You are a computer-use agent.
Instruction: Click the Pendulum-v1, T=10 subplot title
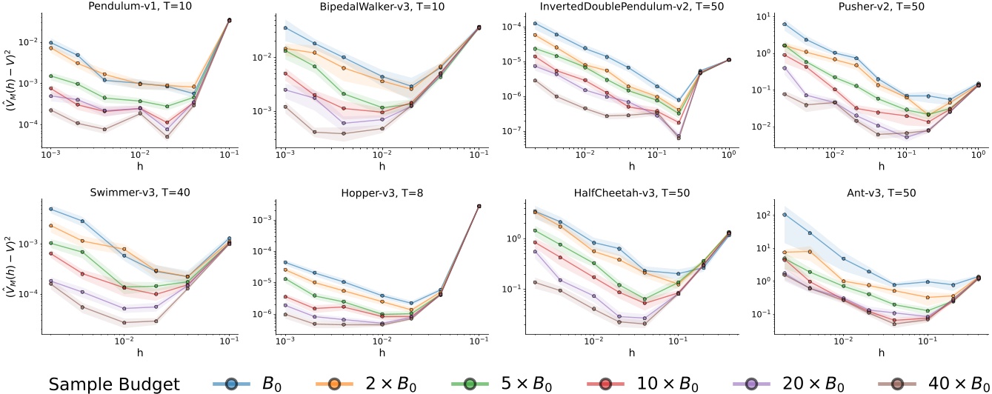139,6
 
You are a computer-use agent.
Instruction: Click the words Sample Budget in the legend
115,384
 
